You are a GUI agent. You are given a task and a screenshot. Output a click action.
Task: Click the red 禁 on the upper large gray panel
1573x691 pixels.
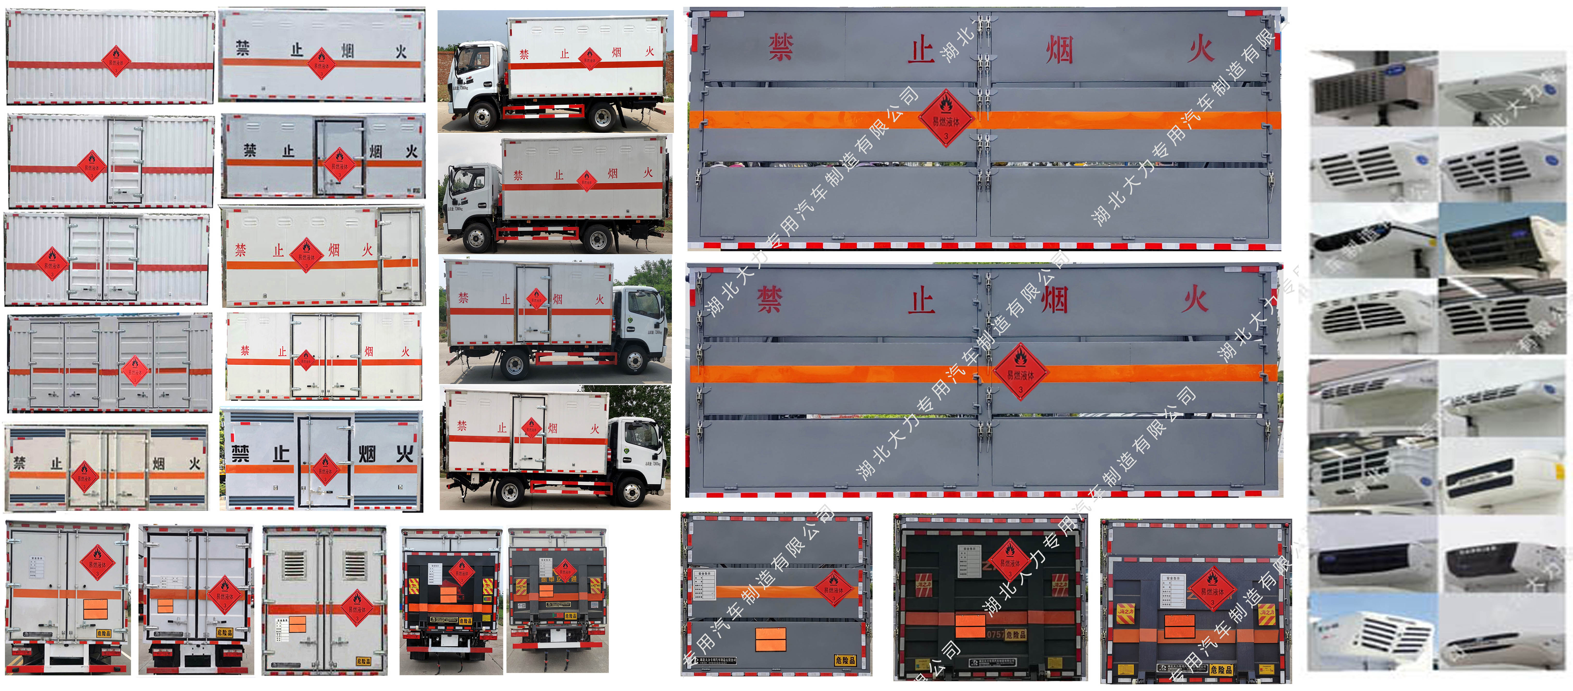[780, 48]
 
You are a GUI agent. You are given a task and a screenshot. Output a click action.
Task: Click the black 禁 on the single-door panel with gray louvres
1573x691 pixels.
[240, 453]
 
